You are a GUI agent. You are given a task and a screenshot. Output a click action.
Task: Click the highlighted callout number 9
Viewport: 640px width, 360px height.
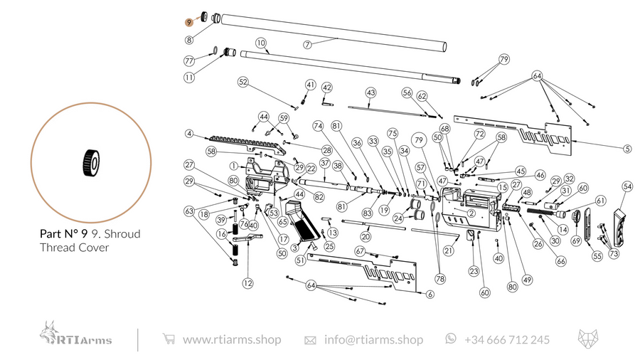point(188,22)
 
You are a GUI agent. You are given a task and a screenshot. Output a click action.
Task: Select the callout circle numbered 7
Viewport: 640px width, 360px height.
point(307,44)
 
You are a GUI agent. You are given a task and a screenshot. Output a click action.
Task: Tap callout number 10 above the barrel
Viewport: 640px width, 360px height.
point(261,43)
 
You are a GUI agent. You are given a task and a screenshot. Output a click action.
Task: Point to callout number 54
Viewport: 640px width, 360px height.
point(626,186)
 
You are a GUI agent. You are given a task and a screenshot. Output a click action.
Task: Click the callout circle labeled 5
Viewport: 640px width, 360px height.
point(626,149)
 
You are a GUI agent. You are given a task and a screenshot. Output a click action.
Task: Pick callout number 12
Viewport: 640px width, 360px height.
point(247,283)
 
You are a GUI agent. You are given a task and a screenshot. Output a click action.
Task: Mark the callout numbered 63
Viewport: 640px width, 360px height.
point(188,211)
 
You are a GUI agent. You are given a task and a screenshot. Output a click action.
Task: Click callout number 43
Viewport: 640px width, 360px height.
point(370,92)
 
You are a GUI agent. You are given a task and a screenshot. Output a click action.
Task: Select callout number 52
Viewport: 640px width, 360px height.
point(243,83)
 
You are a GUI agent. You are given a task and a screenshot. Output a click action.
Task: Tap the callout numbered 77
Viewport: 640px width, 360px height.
point(189,60)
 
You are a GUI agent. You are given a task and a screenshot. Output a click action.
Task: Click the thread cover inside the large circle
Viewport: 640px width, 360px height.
point(90,162)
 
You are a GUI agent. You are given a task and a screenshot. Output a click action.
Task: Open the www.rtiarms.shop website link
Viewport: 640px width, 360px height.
point(231,339)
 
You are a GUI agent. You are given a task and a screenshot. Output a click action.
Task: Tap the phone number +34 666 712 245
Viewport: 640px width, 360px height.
point(506,339)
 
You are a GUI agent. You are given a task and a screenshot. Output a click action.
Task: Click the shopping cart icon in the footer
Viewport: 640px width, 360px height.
point(169,339)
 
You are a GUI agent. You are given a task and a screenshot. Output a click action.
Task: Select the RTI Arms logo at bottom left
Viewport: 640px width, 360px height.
point(76,334)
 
